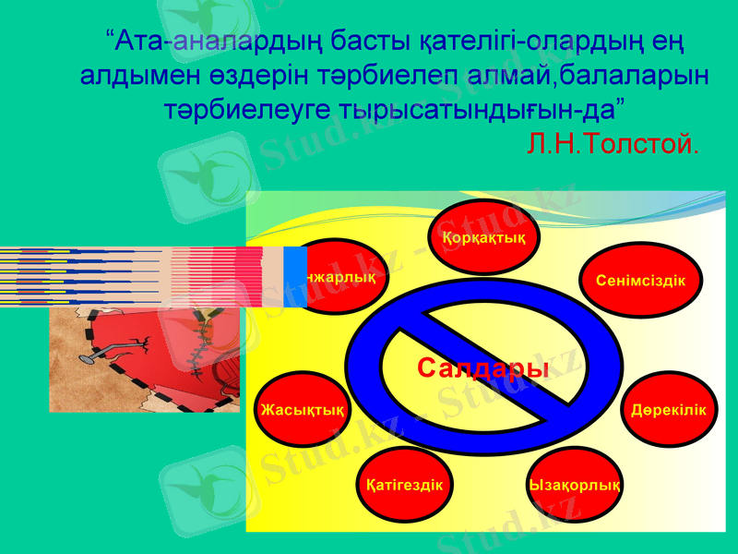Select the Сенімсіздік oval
pos(640,280)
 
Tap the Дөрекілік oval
pos(669,409)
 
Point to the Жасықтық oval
pos(303,409)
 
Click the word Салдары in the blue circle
pos(482,368)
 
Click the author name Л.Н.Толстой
pos(612,143)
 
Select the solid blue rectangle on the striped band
pos(295,277)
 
